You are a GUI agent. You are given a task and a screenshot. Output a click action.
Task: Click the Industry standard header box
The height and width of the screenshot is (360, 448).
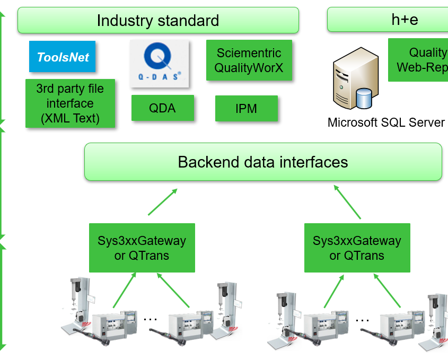[158, 21]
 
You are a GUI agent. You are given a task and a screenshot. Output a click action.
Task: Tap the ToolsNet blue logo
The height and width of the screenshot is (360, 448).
[63, 57]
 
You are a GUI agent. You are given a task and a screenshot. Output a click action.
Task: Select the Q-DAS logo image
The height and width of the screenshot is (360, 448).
[160, 64]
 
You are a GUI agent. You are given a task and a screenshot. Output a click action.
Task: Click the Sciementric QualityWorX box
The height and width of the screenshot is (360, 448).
[249, 60]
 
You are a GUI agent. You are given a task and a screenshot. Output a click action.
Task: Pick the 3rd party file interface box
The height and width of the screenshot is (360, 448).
[70, 103]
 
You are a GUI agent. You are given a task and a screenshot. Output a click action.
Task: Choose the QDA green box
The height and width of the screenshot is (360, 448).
[162, 108]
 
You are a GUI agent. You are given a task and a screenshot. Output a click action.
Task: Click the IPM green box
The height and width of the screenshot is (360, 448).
[246, 109]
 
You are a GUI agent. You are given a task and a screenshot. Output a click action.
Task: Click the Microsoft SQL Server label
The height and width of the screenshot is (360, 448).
[386, 122]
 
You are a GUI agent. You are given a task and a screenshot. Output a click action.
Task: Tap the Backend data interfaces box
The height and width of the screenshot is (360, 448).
[263, 162]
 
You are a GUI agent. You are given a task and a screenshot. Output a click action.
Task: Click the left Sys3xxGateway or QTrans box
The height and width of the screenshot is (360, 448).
[142, 248]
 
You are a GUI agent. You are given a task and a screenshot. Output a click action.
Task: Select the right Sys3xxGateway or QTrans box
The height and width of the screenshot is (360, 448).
[357, 248]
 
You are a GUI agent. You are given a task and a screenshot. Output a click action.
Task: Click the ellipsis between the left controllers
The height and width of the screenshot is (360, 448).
[151, 319]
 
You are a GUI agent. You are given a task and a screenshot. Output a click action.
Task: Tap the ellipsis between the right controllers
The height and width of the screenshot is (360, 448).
[363, 320]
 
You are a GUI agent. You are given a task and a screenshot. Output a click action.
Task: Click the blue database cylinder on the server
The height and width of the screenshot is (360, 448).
[364, 98]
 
